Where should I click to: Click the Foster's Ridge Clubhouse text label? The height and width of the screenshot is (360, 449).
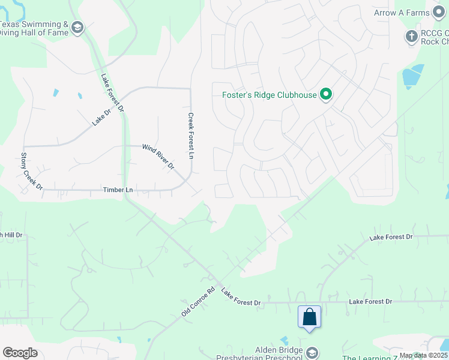coord(270,95)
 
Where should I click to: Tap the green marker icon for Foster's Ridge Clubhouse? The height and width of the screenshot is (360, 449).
coord(326,95)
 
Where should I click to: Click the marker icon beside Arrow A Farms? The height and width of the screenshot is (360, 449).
coord(440,13)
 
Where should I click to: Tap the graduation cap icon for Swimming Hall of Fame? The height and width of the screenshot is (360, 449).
coord(77,28)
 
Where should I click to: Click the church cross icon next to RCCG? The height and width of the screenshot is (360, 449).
coord(412,37)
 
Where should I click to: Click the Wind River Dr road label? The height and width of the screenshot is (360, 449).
coord(158,156)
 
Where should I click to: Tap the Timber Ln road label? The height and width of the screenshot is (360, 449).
coord(118,190)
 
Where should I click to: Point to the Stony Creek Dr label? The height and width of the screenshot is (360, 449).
coord(32,171)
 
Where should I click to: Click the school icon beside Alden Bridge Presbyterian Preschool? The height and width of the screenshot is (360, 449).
coord(312,352)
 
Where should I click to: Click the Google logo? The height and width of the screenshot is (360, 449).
coord(20,353)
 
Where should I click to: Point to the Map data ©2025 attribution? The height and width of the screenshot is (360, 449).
coord(424,355)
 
